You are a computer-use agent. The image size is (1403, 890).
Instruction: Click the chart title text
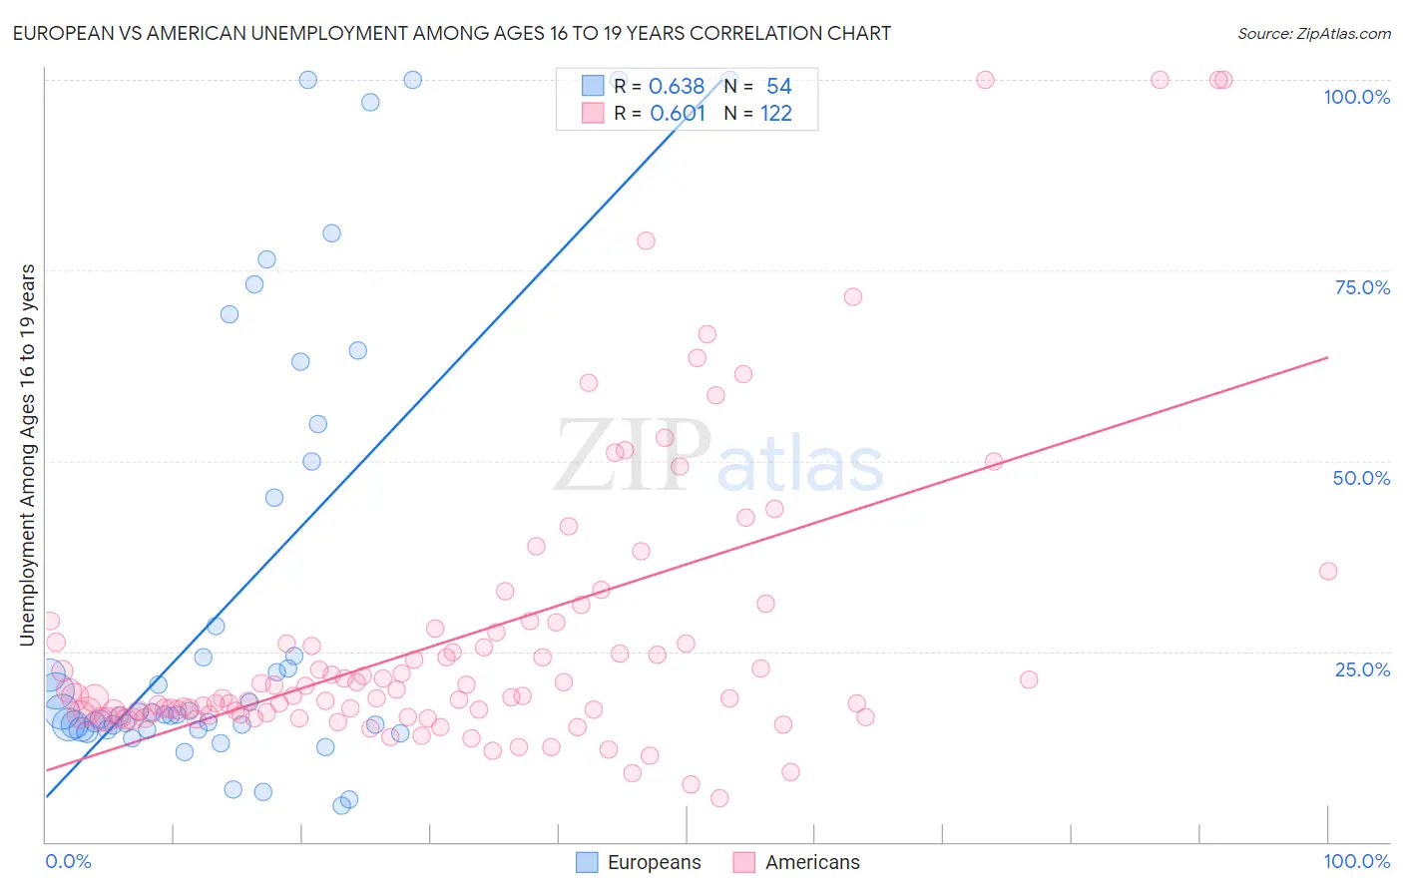(450, 33)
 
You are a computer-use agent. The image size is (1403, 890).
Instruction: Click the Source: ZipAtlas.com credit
(1313, 33)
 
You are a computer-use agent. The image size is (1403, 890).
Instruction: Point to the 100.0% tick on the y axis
(1356, 97)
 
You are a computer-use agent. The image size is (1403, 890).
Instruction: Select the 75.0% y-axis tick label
(1362, 287)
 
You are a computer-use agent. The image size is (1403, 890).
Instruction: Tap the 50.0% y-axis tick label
(1361, 478)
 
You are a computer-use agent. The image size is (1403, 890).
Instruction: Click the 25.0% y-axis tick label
(1362, 668)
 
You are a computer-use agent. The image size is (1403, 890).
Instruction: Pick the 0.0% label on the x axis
(68, 861)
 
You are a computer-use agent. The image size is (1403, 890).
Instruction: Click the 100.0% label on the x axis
(1356, 861)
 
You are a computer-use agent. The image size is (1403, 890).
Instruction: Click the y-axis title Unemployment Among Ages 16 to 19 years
(28, 455)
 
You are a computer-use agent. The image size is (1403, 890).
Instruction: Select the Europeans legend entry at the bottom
(639, 862)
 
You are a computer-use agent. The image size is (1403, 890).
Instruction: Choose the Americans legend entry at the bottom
(796, 862)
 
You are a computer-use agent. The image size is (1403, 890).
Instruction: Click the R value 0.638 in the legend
(677, 87)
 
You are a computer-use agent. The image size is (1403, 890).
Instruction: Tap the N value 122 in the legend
(775, 114)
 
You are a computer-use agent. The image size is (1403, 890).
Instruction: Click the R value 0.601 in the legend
(678, 114)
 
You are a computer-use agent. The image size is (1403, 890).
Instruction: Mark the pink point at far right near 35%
(1327, 571)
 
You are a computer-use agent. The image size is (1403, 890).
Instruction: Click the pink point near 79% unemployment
(646, 240)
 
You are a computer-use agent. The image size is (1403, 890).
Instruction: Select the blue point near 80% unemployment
(331, 233)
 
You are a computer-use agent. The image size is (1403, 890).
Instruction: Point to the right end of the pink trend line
(1327, 357)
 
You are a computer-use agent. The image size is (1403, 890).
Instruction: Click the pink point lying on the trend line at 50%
(993, 461)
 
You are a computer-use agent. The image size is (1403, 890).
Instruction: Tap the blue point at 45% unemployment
(274, 497)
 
